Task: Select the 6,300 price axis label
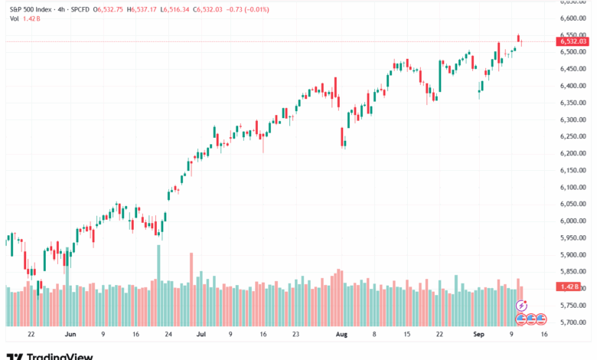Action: [572, 119]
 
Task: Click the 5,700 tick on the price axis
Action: [572, 322]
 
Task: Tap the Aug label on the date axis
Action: [341, 335]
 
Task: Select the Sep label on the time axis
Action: [478, 335]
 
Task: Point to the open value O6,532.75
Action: [109, 8]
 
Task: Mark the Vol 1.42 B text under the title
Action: [20, 18]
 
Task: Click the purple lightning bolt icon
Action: [522, 306]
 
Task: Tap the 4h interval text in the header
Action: [61, 8]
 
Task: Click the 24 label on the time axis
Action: [168, 335]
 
